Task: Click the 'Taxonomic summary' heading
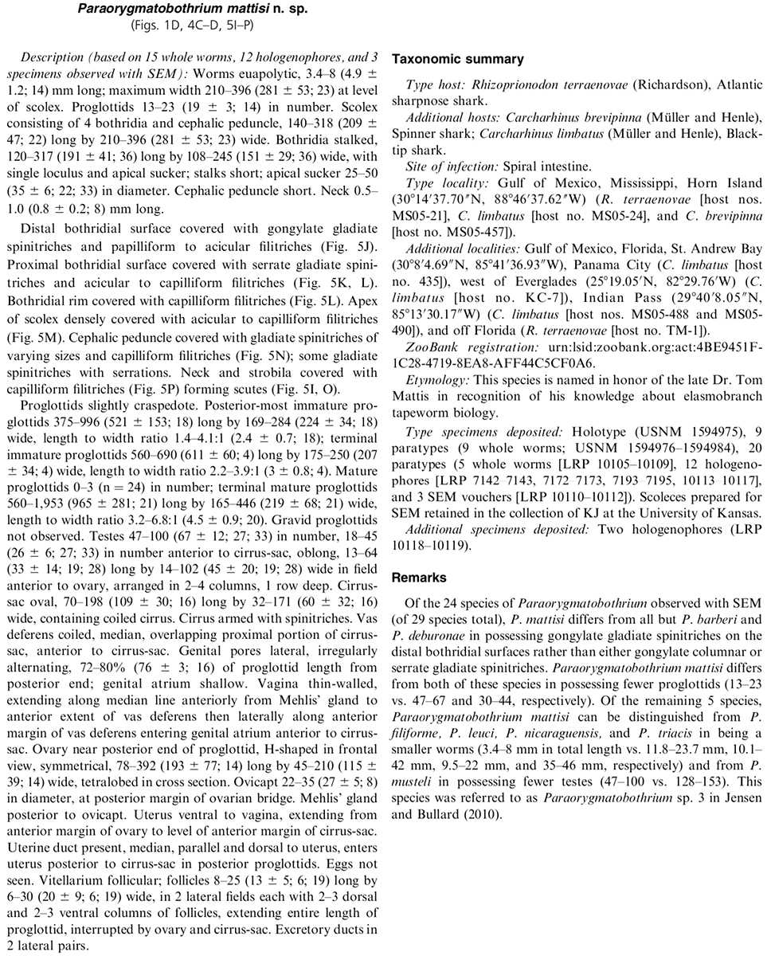[457, 60]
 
